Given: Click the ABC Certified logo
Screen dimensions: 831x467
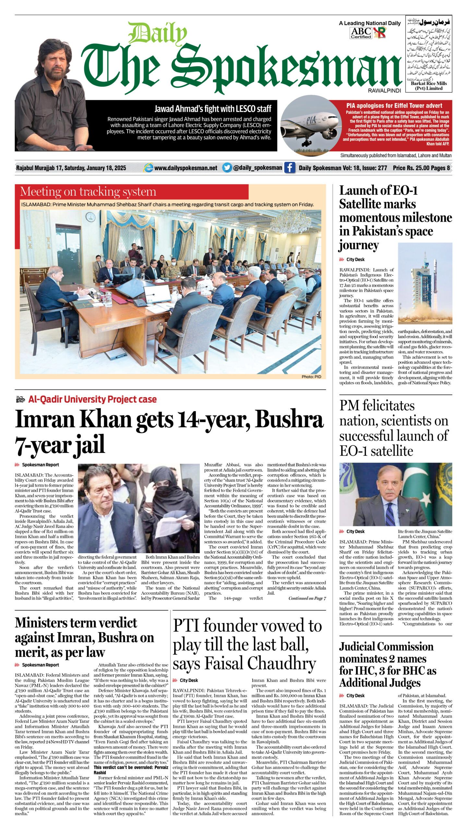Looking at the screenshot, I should pyautogui.click(x=361, y=33).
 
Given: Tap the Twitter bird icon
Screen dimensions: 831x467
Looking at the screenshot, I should pyautogui.click(x=227, y=168).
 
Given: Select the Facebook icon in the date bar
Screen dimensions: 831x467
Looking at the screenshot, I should pyautogui.click(x=290, y=168).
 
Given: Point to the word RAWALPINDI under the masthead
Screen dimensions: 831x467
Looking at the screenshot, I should pyautogui.click(x=384, y=91).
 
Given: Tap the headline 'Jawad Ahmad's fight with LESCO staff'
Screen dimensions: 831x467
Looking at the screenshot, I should pyautogui.click(x=213, y=109).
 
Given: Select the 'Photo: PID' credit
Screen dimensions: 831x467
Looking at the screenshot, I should pyautogui.click(x=311, y=377).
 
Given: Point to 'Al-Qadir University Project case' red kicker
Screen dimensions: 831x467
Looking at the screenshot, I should pyautogui.click(x=92, y=399).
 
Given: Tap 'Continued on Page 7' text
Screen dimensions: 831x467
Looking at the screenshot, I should pyautogui.click(x=307, y=598).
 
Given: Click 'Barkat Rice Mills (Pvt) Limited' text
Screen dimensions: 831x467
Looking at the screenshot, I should pyautogui.click(x=429, y=86).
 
